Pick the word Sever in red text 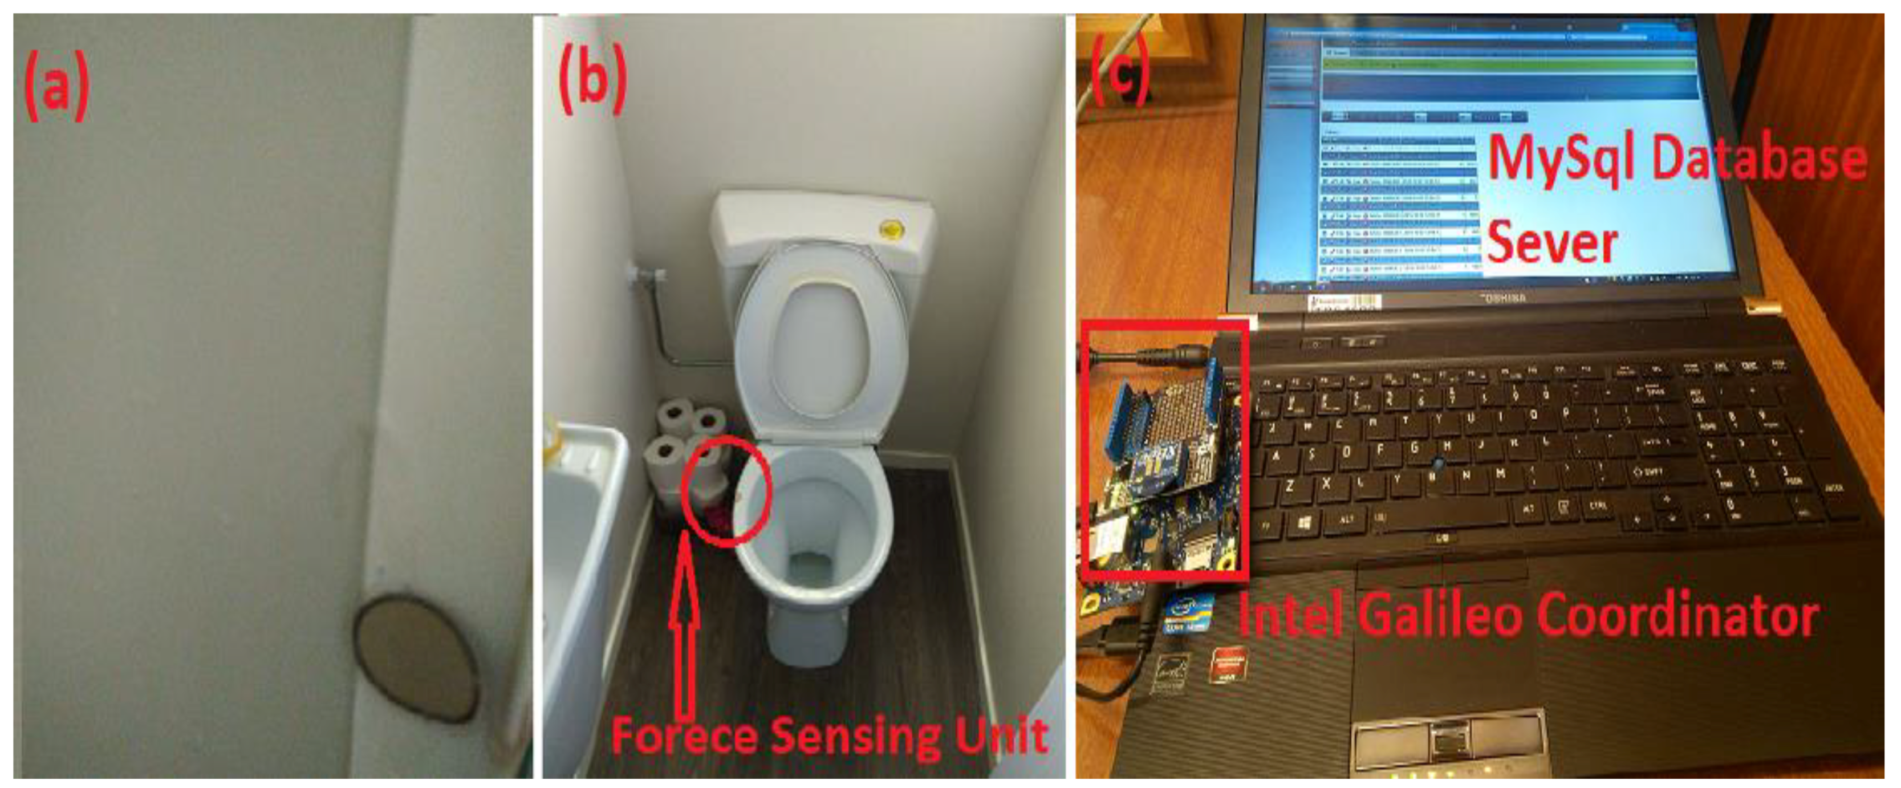pos(1551,243)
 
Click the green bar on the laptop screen pos(1513,65)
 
